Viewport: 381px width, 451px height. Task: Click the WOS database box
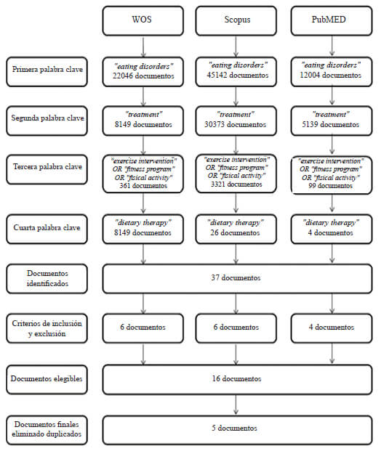point(143,21)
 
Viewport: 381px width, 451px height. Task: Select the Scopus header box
point(236,21)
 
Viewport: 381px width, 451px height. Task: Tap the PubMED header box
point(332,21)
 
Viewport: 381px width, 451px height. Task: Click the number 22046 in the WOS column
point(123,76)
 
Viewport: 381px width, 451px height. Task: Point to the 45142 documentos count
point(238,75)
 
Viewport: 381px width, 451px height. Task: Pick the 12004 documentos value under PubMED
point(330,75)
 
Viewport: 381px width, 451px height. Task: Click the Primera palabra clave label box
point(47,72)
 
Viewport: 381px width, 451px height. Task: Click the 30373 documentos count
point(236,124)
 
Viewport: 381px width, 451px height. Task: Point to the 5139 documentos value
point(330,124)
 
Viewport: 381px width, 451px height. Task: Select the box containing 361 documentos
point(143,174)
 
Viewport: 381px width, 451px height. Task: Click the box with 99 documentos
point(332,175)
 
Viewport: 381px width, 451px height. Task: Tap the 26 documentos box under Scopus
point(236,229)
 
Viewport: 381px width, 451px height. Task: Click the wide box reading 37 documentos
point(237,279)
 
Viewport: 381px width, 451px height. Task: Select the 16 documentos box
point(237,380)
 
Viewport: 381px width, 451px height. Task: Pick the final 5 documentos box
point(237,430)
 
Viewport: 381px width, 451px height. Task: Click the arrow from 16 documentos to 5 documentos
point(236,405)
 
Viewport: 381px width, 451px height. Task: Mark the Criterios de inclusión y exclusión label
point(47,328)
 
